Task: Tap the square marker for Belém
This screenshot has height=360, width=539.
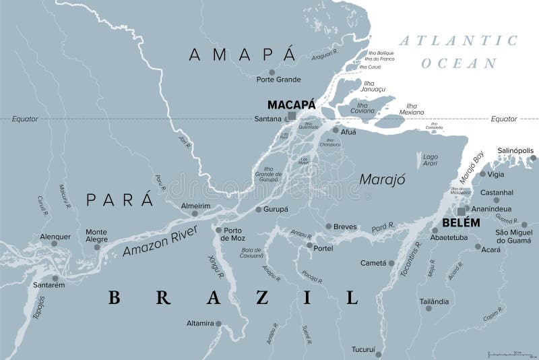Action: click(x=462, y=211)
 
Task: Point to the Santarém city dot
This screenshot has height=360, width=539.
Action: click(x=55, y=278)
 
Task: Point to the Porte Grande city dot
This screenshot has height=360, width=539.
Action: click(x=272, y=71)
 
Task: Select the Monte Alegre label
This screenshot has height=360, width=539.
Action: click(x=96, y=235)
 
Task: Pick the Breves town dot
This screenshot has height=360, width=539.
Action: click(x=328, y=227)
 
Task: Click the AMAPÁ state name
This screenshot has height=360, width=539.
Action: click(x=243, y=55)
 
